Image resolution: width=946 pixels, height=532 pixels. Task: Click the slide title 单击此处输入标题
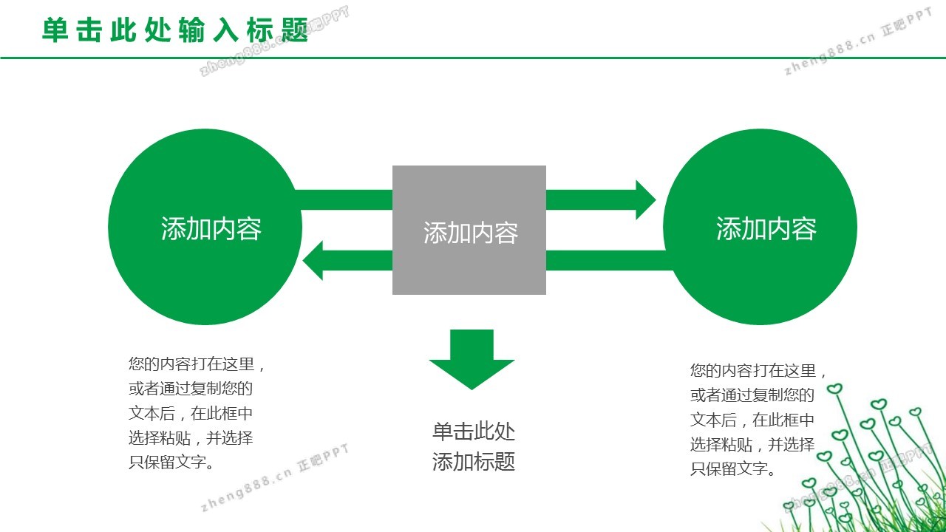174,30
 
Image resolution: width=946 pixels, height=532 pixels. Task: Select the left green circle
205,281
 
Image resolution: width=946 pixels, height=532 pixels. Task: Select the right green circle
760,281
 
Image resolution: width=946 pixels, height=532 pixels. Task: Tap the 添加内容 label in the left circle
211,229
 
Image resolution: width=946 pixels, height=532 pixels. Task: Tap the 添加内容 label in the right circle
766,229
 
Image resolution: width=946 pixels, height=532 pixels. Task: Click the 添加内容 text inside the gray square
470,233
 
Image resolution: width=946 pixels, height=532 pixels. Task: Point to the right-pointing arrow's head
644,199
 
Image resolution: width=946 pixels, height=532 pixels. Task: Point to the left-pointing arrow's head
313,261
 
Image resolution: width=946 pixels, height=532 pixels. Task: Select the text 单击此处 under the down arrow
473,432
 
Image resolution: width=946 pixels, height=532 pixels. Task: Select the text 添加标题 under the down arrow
473,463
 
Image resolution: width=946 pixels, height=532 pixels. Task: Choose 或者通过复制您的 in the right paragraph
752,395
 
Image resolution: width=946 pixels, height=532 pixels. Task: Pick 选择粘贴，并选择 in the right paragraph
752,444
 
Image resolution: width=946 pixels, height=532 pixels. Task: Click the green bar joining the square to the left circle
344,199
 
